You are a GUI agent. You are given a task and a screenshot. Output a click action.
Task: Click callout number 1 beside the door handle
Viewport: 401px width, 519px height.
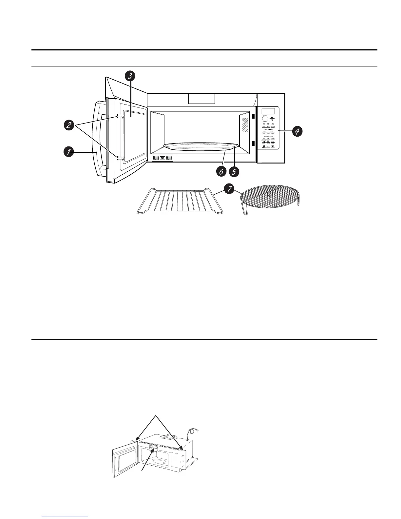tap(68, 152)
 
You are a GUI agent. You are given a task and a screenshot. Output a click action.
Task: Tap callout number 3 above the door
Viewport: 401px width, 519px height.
tap(130, 76)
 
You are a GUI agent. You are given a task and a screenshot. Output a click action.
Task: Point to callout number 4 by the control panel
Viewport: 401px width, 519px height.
tap(296, 131)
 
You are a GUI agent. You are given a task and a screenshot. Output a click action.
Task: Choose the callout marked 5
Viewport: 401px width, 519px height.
tap(234, 171)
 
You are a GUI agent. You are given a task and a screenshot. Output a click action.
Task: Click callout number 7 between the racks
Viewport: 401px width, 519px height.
tap(229, 188)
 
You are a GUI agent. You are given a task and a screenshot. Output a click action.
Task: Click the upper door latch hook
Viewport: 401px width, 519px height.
tap(120, 116)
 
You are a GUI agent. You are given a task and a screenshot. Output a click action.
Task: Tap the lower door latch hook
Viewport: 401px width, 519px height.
tap(120, 158)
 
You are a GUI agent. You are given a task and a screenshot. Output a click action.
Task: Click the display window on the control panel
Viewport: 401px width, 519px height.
tap(268, 111)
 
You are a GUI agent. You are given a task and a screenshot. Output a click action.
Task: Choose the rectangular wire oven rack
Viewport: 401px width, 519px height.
tap(180, 201)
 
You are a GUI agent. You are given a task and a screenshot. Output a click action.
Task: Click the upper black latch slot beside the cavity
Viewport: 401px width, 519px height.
tap(253, 116)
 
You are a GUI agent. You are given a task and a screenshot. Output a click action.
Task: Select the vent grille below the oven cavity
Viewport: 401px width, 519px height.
tap(162, 158)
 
